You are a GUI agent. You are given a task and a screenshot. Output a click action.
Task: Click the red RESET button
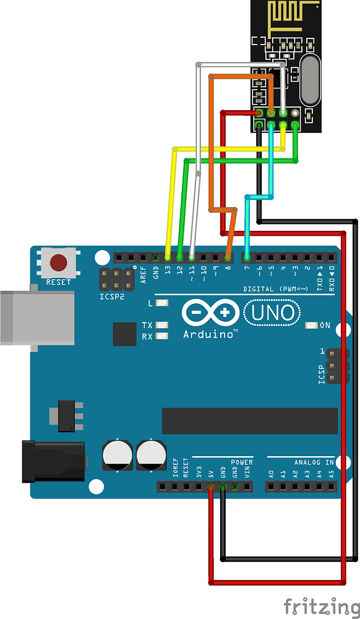pyautogui.click(x=59, y=263)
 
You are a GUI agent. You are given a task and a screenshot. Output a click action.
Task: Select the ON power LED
pyautogui.click(x=311, y=325)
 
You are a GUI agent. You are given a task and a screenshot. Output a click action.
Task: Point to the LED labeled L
pyautogui.click(x=163, y=303)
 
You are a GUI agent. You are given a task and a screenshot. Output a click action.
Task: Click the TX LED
pyautogui.click(x=163, y=325)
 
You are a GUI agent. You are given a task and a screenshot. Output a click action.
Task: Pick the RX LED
pyautogui.click(x=163, y=337)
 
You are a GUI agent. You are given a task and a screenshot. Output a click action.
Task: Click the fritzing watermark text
pyautogui.click(x=321, y=606)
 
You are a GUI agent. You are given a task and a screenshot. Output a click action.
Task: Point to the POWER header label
pyautogui.click(x=242, y=462)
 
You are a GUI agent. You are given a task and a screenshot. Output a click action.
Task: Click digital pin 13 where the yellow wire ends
pyautogui.click(x=167, y=256)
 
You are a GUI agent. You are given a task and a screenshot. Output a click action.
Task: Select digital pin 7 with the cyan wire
pyautogui.click(x=247, y=256)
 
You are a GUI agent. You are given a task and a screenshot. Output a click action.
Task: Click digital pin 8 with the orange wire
pyautogui.click(x=228, y=256)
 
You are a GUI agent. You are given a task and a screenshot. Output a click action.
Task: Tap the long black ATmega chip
pyautogui.click(x=249, y=421)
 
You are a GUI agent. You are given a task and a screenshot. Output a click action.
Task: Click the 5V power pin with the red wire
pyautogui.click(x=211, y=487)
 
